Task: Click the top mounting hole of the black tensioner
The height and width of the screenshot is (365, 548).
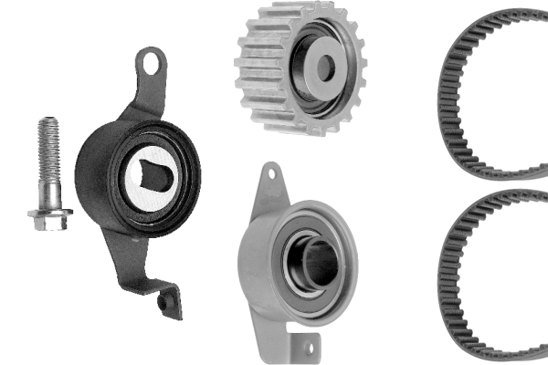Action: point(152,64)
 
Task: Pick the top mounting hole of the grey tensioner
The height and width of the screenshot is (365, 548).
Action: point(270,173)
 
